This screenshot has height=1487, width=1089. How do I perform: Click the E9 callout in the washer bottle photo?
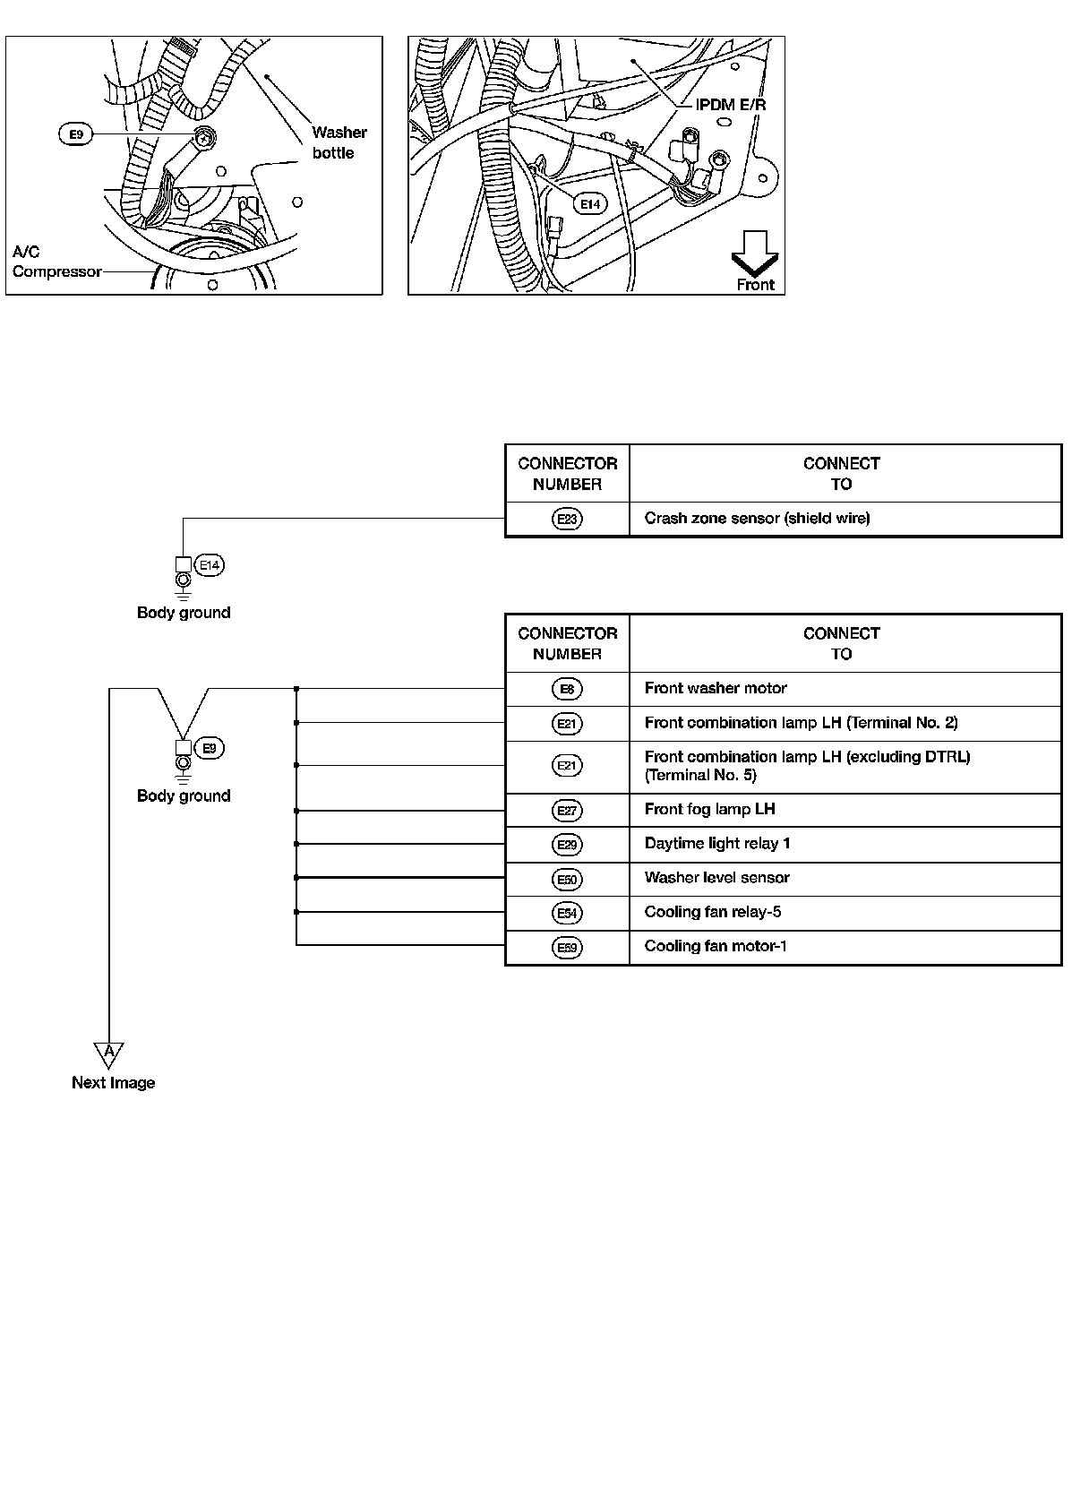point(76,134)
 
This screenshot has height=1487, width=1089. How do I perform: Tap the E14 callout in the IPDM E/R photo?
point(589,204)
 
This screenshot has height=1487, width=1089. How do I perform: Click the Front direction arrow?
point(755,254)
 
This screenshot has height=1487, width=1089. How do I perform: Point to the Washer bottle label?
point(339,142)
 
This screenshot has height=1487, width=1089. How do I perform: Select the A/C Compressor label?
point(56,262)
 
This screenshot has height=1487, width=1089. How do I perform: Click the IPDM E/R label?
point(731,105)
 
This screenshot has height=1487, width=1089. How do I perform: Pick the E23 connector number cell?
point(567,519)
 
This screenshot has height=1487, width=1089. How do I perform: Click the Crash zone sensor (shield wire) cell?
point(757,518)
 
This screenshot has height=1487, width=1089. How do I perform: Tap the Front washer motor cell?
point(716,688)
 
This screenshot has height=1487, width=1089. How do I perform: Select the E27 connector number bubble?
point(567,811)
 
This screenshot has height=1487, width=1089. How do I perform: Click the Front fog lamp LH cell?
point(709,809)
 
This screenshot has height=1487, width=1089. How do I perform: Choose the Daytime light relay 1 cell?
point(717,843)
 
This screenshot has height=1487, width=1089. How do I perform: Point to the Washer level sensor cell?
point(716,877)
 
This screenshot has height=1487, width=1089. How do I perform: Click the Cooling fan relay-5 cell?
point(713,911)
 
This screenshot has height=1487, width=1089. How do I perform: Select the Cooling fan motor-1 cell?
point(716,946)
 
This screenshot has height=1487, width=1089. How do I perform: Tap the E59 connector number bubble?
point(567,948)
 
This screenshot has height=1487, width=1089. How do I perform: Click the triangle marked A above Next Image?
point(108,1053)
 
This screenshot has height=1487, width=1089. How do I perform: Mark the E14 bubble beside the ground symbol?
point(210,565)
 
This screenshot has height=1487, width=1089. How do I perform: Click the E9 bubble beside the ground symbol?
point(209,748)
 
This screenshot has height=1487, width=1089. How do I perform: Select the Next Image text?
point(113,1082)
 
